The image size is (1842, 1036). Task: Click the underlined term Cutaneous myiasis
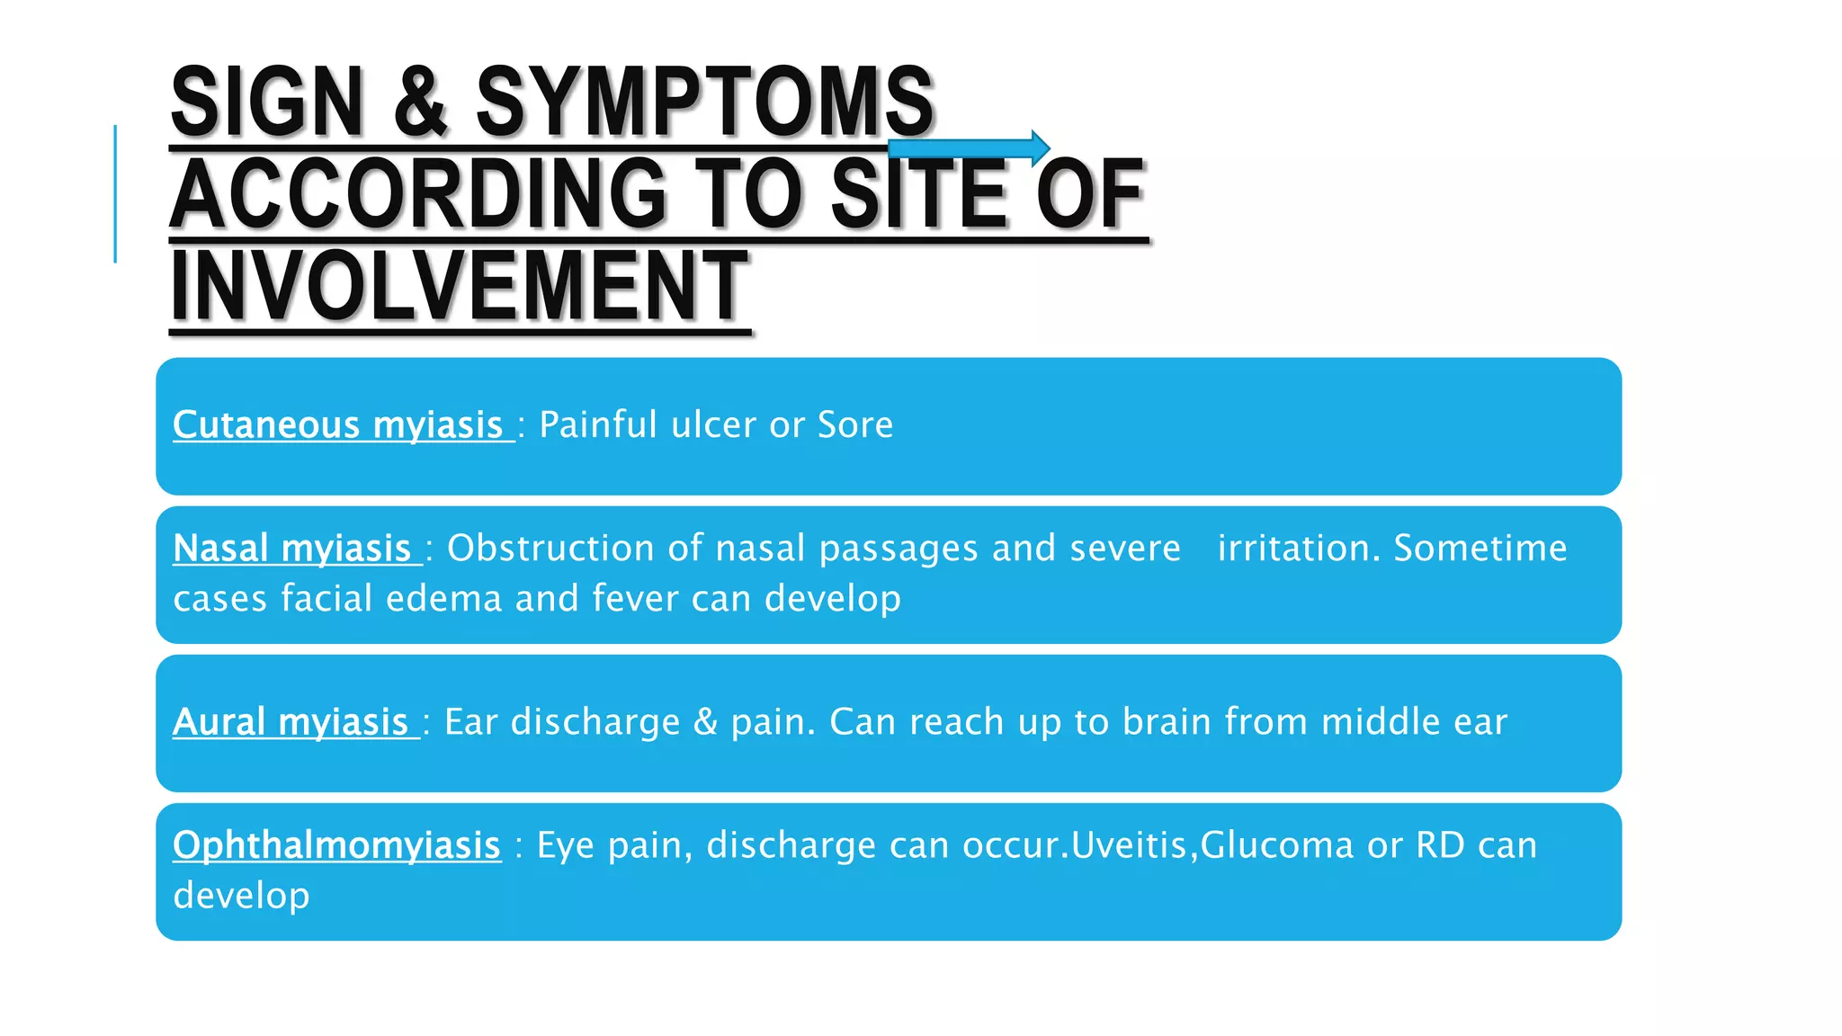[338, 424]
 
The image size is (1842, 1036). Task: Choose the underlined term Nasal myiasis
[292, 548]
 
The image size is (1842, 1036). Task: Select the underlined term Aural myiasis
[291, 721]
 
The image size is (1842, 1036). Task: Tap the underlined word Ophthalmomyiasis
[336, 844]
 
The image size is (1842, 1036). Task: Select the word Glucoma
[1276, 844]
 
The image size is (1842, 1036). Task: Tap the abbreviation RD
[1440, 844]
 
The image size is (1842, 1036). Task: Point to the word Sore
[854, 424]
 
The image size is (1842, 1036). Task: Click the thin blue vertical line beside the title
[115, 193]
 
